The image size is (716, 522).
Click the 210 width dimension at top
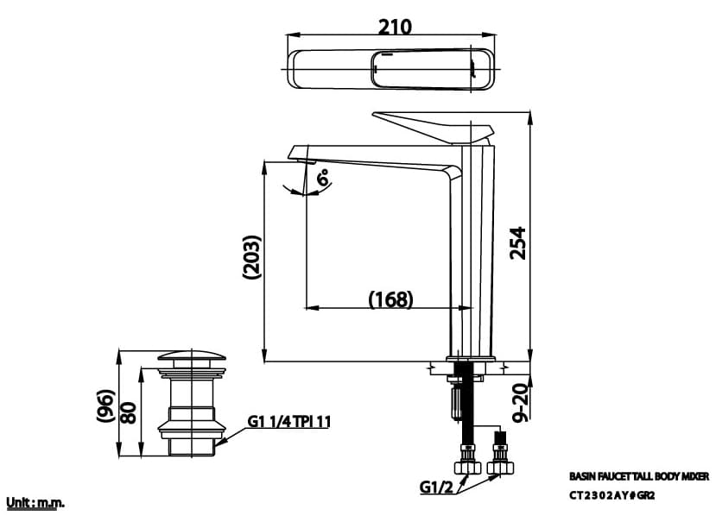coord(395,26)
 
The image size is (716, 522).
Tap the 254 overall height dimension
coord(516,246)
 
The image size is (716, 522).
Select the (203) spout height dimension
coord(251,256)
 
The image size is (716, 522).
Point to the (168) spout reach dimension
coord(390,299)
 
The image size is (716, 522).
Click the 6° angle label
coord(322,179)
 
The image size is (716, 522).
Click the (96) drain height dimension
coord(105,406)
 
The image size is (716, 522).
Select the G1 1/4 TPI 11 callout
coord(289,422)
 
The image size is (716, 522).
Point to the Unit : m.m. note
coord(35,502)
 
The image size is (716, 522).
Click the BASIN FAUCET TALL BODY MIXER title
coord(638,475)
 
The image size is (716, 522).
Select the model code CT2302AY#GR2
coord(611,496)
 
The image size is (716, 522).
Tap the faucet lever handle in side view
coord(432,127)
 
